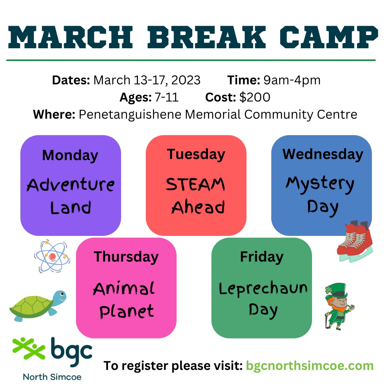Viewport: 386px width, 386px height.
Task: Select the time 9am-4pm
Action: click(292, 80)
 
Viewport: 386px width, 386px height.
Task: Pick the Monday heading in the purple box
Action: click(70, 155)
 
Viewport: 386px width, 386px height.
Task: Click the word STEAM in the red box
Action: click(196, 185)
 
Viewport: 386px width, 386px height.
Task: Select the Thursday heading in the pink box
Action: click(126, 257)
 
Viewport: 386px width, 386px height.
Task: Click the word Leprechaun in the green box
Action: click(263, 289)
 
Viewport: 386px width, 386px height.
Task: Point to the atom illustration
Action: click(52, 256)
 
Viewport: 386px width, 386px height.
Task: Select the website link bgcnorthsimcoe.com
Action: click(310, 366)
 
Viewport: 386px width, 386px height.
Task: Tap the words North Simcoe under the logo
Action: click(52, 377)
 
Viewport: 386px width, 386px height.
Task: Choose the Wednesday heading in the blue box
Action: click(323, 154)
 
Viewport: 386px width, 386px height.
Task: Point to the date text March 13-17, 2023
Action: click(147, 80)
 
